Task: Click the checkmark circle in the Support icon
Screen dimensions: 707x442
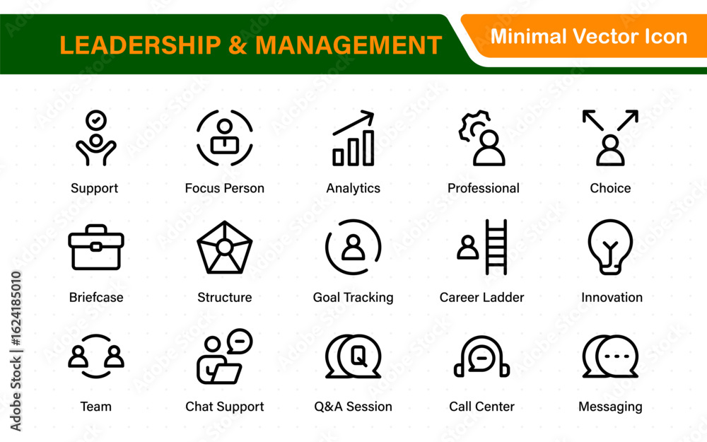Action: [x=96, y=120]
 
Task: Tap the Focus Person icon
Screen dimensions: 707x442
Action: [x=225, y=137]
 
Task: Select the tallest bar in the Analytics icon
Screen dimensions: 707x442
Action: [x=368, y=148]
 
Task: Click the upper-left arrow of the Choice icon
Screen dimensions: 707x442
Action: [x=592, y=120]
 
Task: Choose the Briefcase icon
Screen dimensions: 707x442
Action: [x=96, y=247]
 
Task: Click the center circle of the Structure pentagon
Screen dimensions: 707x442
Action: [x=224, y=247]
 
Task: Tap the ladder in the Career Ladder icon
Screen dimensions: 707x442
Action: [x=496, y=247]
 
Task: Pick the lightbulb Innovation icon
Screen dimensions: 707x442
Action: [x=611, y=247]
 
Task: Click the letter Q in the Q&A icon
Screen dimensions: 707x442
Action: [x=359, y=356]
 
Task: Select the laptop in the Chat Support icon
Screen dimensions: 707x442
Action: [x=226, y=373]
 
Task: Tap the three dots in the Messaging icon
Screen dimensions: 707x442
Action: [x=617, y=356]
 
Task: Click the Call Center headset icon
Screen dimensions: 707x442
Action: [x=481, y=356]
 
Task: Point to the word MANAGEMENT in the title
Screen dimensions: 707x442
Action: [x=349, y=45]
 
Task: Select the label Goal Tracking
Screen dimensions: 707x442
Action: [x=353, y=297]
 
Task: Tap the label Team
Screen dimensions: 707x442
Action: [x=95, y=407]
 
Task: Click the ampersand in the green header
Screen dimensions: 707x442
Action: [x=238, y=45]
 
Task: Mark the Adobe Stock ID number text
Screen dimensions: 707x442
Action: [x=16, y=308]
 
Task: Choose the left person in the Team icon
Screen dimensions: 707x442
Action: [x=78, y=356]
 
